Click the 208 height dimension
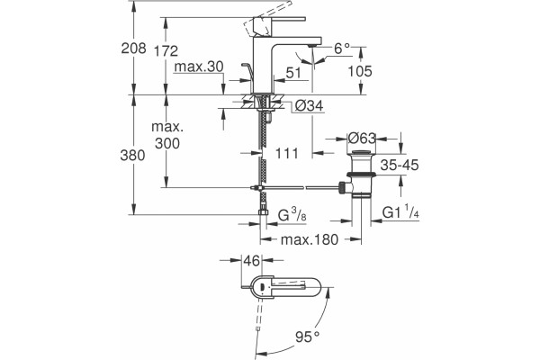[x=133, y=49]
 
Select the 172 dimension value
[x=166, y=51]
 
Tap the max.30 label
[x=199, y=67]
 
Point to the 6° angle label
[x=342, y=49]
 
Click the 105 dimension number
[x=360, y=71]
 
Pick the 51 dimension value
[x=293, y=73]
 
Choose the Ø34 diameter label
[x=310, y=106]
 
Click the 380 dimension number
[x=132, y=156]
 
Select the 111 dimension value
[x=287, y=153]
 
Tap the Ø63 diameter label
[x=362, y=139]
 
